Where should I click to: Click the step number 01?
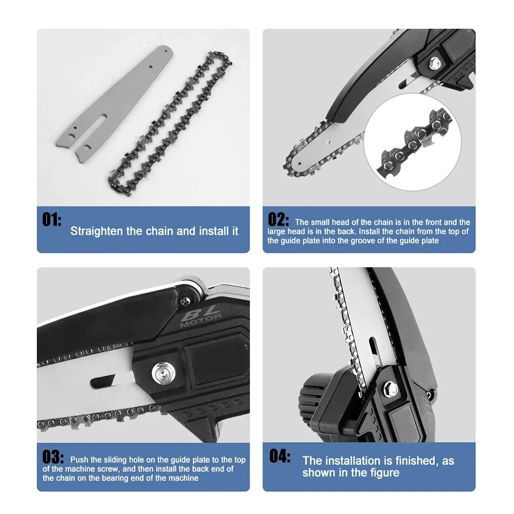[51, 220]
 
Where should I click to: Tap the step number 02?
[279, 219]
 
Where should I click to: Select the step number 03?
[53, 457]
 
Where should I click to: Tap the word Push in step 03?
[80, 460]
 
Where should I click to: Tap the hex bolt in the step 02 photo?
[435, 63]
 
